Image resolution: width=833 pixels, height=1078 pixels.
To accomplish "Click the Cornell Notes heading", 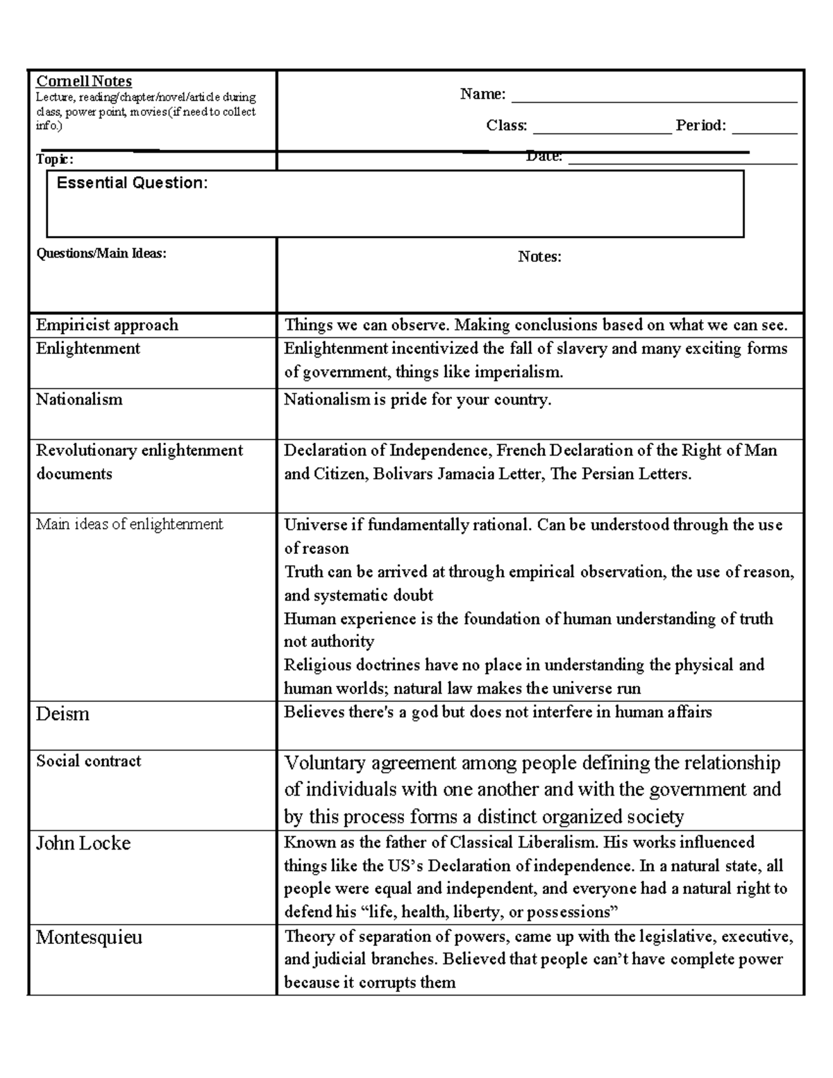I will coord(84,81).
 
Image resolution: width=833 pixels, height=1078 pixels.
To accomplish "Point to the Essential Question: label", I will coord(132,183).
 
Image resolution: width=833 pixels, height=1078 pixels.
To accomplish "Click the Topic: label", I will coord(54,160).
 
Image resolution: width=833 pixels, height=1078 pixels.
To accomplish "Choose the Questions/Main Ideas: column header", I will coord(101,253).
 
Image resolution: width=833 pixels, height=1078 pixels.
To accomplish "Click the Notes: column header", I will coord(539,257).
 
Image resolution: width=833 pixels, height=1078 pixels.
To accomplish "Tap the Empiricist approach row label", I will coord(107,325).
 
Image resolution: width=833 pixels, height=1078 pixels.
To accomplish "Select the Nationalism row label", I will coord(79,399).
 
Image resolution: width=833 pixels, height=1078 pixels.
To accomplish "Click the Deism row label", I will coord(62,714).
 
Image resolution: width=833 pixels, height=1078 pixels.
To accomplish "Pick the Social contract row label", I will coord(88,761).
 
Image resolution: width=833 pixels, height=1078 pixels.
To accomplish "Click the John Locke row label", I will coord(83,843).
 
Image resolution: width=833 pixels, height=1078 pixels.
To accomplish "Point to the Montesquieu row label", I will coord(89,937).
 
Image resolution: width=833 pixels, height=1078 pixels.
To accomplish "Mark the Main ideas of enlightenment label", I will coord(129,524).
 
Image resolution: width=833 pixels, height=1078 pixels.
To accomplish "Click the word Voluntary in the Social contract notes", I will coord(325,764).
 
